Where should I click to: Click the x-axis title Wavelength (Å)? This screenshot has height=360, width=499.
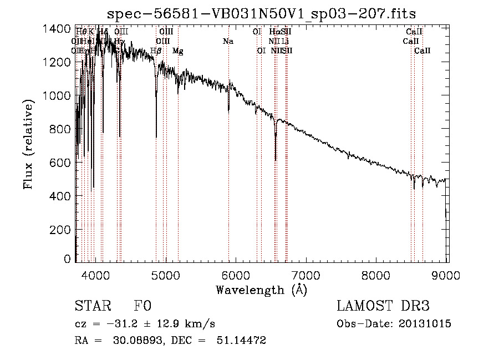tap(261, 290)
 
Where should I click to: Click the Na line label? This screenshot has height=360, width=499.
tap(228, 41)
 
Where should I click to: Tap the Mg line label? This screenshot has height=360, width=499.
tap(177, 50)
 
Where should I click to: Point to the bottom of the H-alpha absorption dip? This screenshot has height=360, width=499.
tap(275, 160)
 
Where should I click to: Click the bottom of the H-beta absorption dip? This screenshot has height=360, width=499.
tap(156, 136)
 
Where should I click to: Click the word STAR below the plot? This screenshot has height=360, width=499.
tap(92, 306)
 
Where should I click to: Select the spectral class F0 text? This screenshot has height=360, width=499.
tap(142, 306)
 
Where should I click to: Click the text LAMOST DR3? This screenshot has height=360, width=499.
tap(383, 306)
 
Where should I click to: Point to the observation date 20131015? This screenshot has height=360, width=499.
tap(428, 324)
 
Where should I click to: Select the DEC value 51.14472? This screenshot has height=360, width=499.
tap(240, 341)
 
